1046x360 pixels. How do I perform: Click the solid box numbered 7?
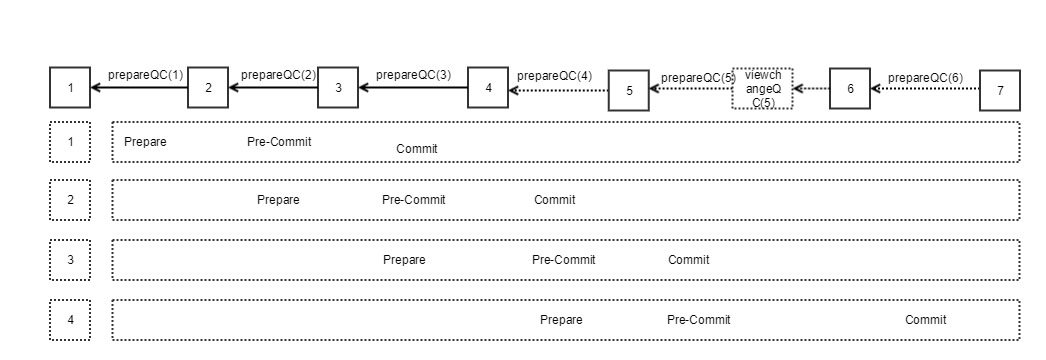tap(1000, 90)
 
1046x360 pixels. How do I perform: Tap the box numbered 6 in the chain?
tap(850, 88)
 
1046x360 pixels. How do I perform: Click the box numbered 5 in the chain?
tap(629, 90)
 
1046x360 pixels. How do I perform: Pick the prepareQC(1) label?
tap(146, 74)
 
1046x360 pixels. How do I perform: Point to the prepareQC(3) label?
tap(413, 75)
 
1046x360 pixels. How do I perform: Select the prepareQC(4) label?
tap(554, 76)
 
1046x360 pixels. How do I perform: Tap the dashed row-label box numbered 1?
tap(70, 141)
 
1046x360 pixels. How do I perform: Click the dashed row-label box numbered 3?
tap(70, 260)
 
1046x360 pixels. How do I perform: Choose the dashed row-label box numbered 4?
tap(70, 320)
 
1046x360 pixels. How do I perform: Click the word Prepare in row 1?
tap(145, 142)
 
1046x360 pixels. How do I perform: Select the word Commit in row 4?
tap(925, 320)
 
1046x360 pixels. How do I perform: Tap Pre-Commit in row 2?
tap(413, 200)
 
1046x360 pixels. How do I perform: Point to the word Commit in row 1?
tap(417, 149)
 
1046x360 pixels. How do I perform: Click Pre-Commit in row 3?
tap(563, 260)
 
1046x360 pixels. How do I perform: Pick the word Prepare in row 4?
tap(561, 320)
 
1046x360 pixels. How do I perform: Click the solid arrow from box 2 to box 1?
tap(139, 88)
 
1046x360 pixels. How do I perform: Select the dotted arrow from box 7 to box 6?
tap(925, 89)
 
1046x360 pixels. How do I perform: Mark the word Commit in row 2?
tap(554, 200)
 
